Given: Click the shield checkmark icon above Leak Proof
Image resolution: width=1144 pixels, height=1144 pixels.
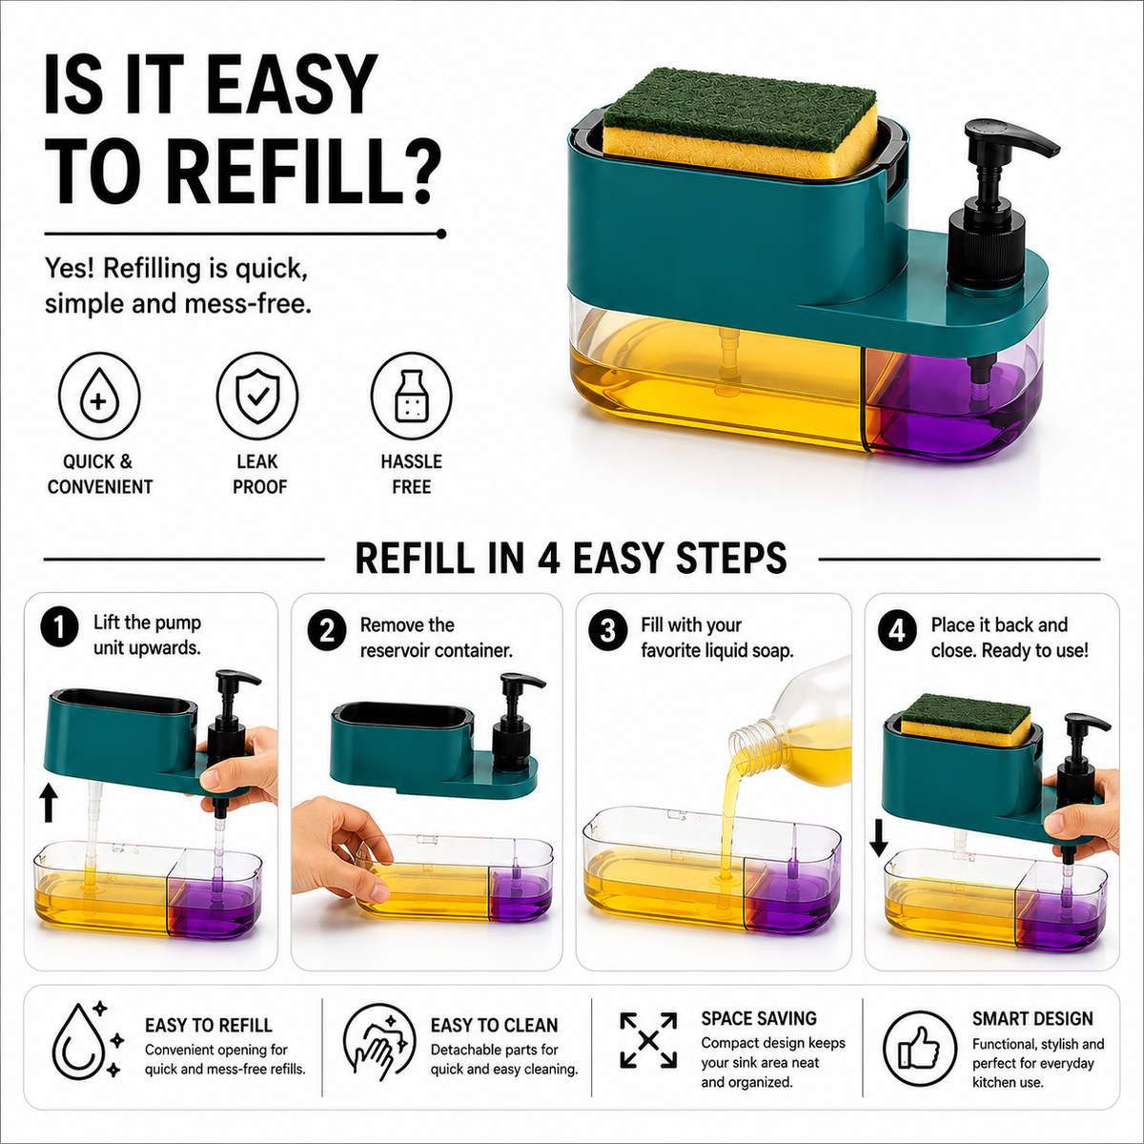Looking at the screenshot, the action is point(257,396).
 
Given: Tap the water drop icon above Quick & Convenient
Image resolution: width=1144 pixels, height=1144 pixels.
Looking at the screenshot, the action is point(99,396).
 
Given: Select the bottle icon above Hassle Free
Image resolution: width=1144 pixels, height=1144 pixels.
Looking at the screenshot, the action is point(411,396).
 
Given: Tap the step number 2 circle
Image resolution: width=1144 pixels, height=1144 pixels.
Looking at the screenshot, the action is point(327,630).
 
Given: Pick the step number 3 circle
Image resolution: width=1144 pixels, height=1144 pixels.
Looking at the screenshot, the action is point(607,630).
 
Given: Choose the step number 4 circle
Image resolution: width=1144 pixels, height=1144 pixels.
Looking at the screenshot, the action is point(897,630).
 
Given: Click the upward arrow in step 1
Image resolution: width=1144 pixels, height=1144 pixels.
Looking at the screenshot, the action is point(50,802).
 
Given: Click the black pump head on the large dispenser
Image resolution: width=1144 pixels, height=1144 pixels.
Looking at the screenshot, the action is point(1003,149).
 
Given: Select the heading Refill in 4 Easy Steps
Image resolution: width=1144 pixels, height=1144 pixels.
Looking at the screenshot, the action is point(571,558).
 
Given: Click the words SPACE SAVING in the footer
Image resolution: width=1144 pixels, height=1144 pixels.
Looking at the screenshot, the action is point(759,1019).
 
